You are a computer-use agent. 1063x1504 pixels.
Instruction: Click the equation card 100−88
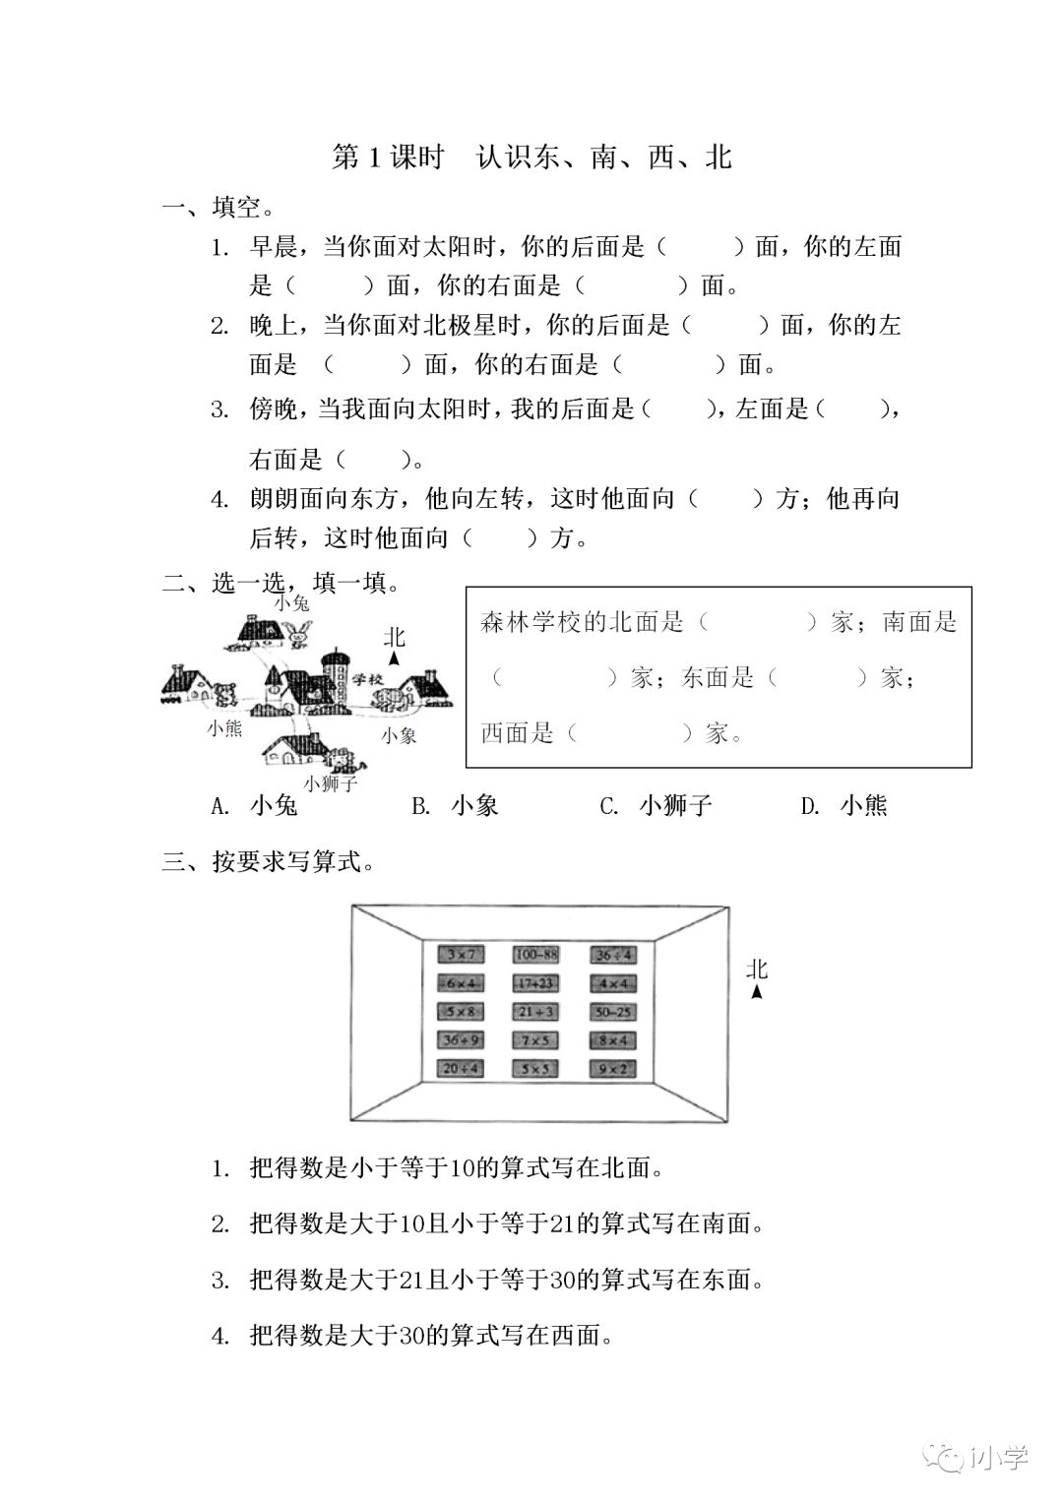(535, 954)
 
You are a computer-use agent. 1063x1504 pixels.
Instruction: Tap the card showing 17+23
(535, 982)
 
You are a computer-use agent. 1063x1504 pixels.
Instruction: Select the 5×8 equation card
(460, 1011)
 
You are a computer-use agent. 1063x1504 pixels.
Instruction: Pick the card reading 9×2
(612, 1068)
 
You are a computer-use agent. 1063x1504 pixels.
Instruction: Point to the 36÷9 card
(460, 1039)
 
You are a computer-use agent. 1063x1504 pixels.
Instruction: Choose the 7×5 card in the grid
(535, 1039)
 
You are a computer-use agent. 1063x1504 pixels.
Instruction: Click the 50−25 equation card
(612, 1011)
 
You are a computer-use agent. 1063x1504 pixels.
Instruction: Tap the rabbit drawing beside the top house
(300, 635)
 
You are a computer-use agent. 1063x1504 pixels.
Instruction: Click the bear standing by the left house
(224, 694)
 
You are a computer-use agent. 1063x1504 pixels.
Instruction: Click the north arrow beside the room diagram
(756, 992)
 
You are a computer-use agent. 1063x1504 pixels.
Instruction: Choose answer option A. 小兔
(255, 806)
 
